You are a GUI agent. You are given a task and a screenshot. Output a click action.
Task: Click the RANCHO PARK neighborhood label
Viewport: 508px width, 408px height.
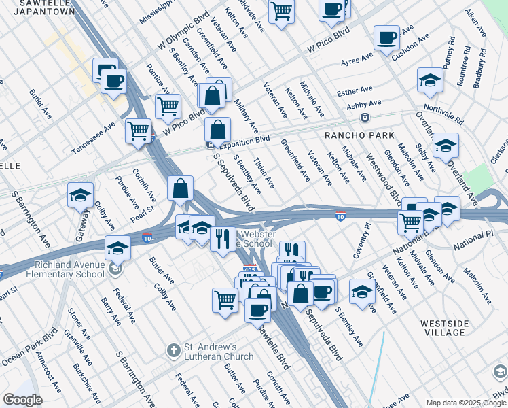point(359,135)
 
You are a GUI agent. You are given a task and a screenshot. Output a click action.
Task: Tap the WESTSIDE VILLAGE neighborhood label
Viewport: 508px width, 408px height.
point(443,328)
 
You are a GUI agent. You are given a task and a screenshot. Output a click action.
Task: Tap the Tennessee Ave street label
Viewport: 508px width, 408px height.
point(94,139)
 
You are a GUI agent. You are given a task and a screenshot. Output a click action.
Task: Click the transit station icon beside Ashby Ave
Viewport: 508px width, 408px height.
point(365,118)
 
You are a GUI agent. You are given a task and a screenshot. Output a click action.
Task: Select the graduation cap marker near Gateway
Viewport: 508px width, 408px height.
point(80,195)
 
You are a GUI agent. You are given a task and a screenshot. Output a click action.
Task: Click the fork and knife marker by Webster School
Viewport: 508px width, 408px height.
point(223,239)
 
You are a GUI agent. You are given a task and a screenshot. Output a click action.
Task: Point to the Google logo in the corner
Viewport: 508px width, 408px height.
point(22,400)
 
